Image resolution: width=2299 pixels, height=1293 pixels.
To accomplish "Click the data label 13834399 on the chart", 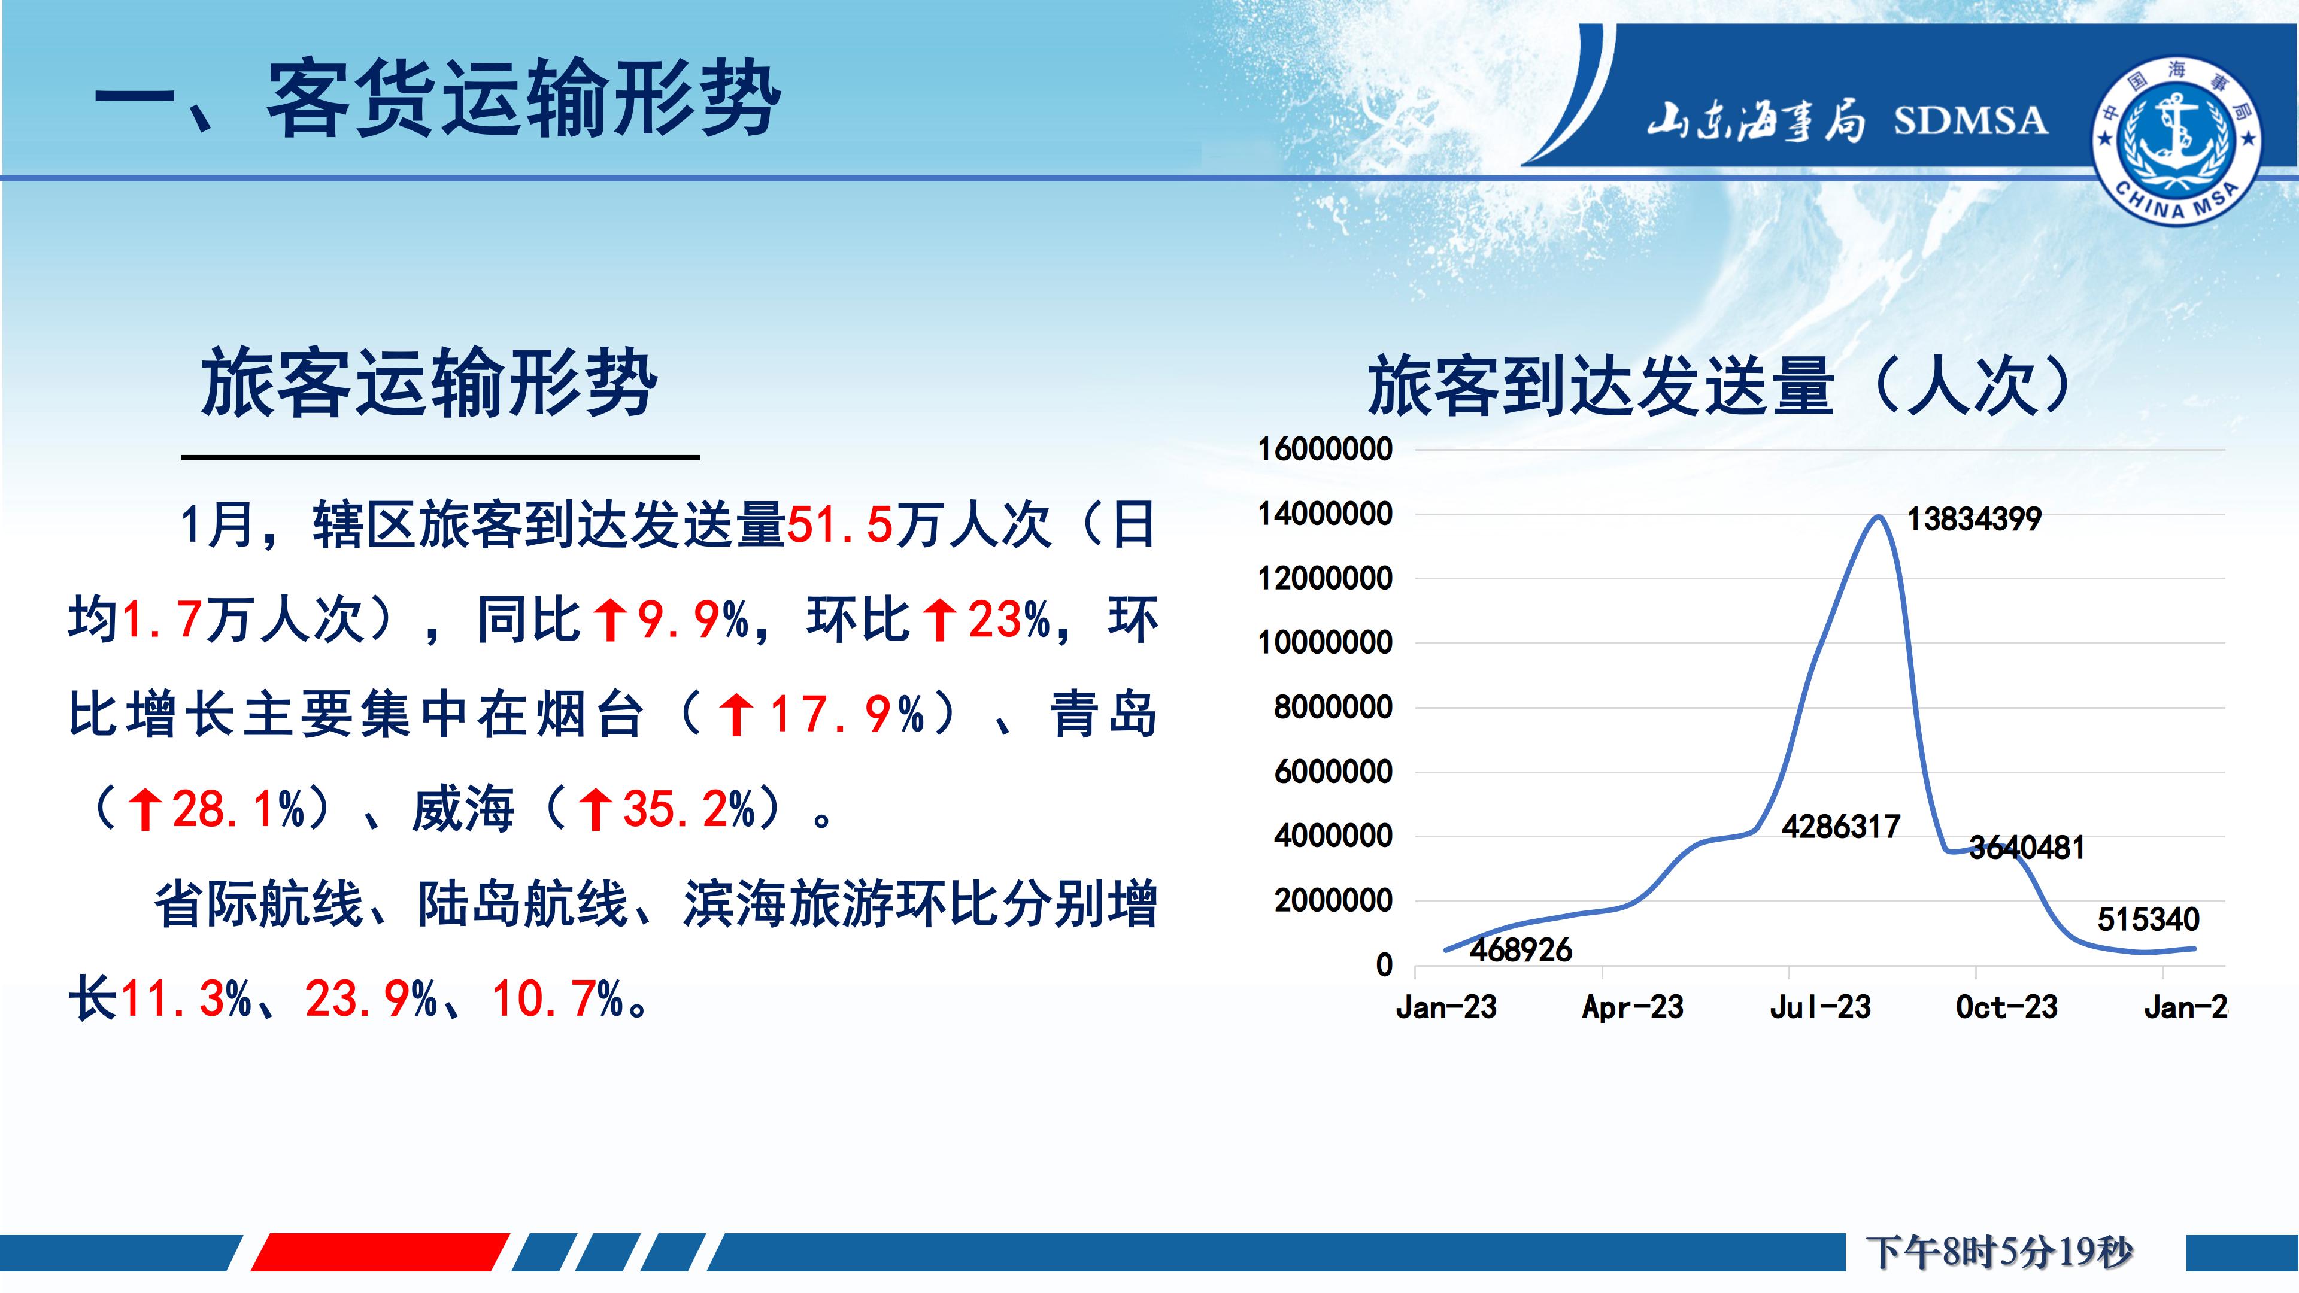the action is pyautogui.click(x=1974, y=520).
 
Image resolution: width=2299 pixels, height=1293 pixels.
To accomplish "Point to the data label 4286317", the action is pyautogui.click(x=1840, y=827).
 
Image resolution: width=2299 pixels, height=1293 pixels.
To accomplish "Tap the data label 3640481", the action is pyautogui.click(x=2027, y=848).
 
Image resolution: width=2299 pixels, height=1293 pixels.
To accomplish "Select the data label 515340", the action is pyautogui.click(x=2148, y=920).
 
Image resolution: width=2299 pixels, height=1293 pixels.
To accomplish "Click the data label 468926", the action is pyautogui.click(x=1521, y=951).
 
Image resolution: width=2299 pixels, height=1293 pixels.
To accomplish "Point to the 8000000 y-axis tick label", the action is pyautogui.click(x=1333, y=708).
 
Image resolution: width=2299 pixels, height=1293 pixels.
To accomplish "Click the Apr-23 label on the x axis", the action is pyautogui.click(x=1632, y=1007).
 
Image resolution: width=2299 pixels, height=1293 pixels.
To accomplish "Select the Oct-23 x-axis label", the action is pyautogui.click(x=2006, y=1007).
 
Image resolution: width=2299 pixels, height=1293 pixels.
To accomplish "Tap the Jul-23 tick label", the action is pyautogui.click(x=1820, y=1007).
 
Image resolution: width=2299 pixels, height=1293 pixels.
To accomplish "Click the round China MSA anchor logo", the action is pyautogui.click(x=2177, y=138).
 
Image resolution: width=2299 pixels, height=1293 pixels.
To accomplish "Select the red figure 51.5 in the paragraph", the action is pyautogui.click(x=840, y=525).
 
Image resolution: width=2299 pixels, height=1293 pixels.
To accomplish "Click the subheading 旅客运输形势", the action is pyautogui.click(x=429, y=383).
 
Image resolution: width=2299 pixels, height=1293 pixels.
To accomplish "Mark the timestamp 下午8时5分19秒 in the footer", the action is pyautogui.click(x=1999, y=1252).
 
